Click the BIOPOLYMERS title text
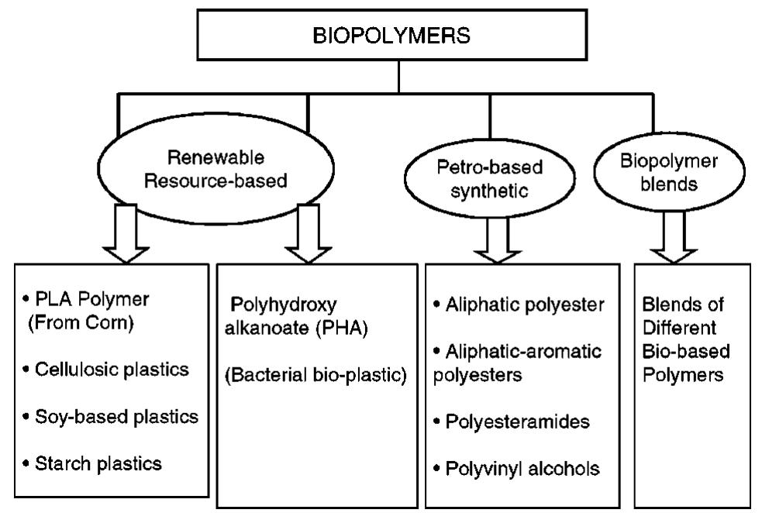398,38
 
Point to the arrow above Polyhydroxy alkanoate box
308,233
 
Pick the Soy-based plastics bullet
109,416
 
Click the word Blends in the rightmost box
672,305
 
